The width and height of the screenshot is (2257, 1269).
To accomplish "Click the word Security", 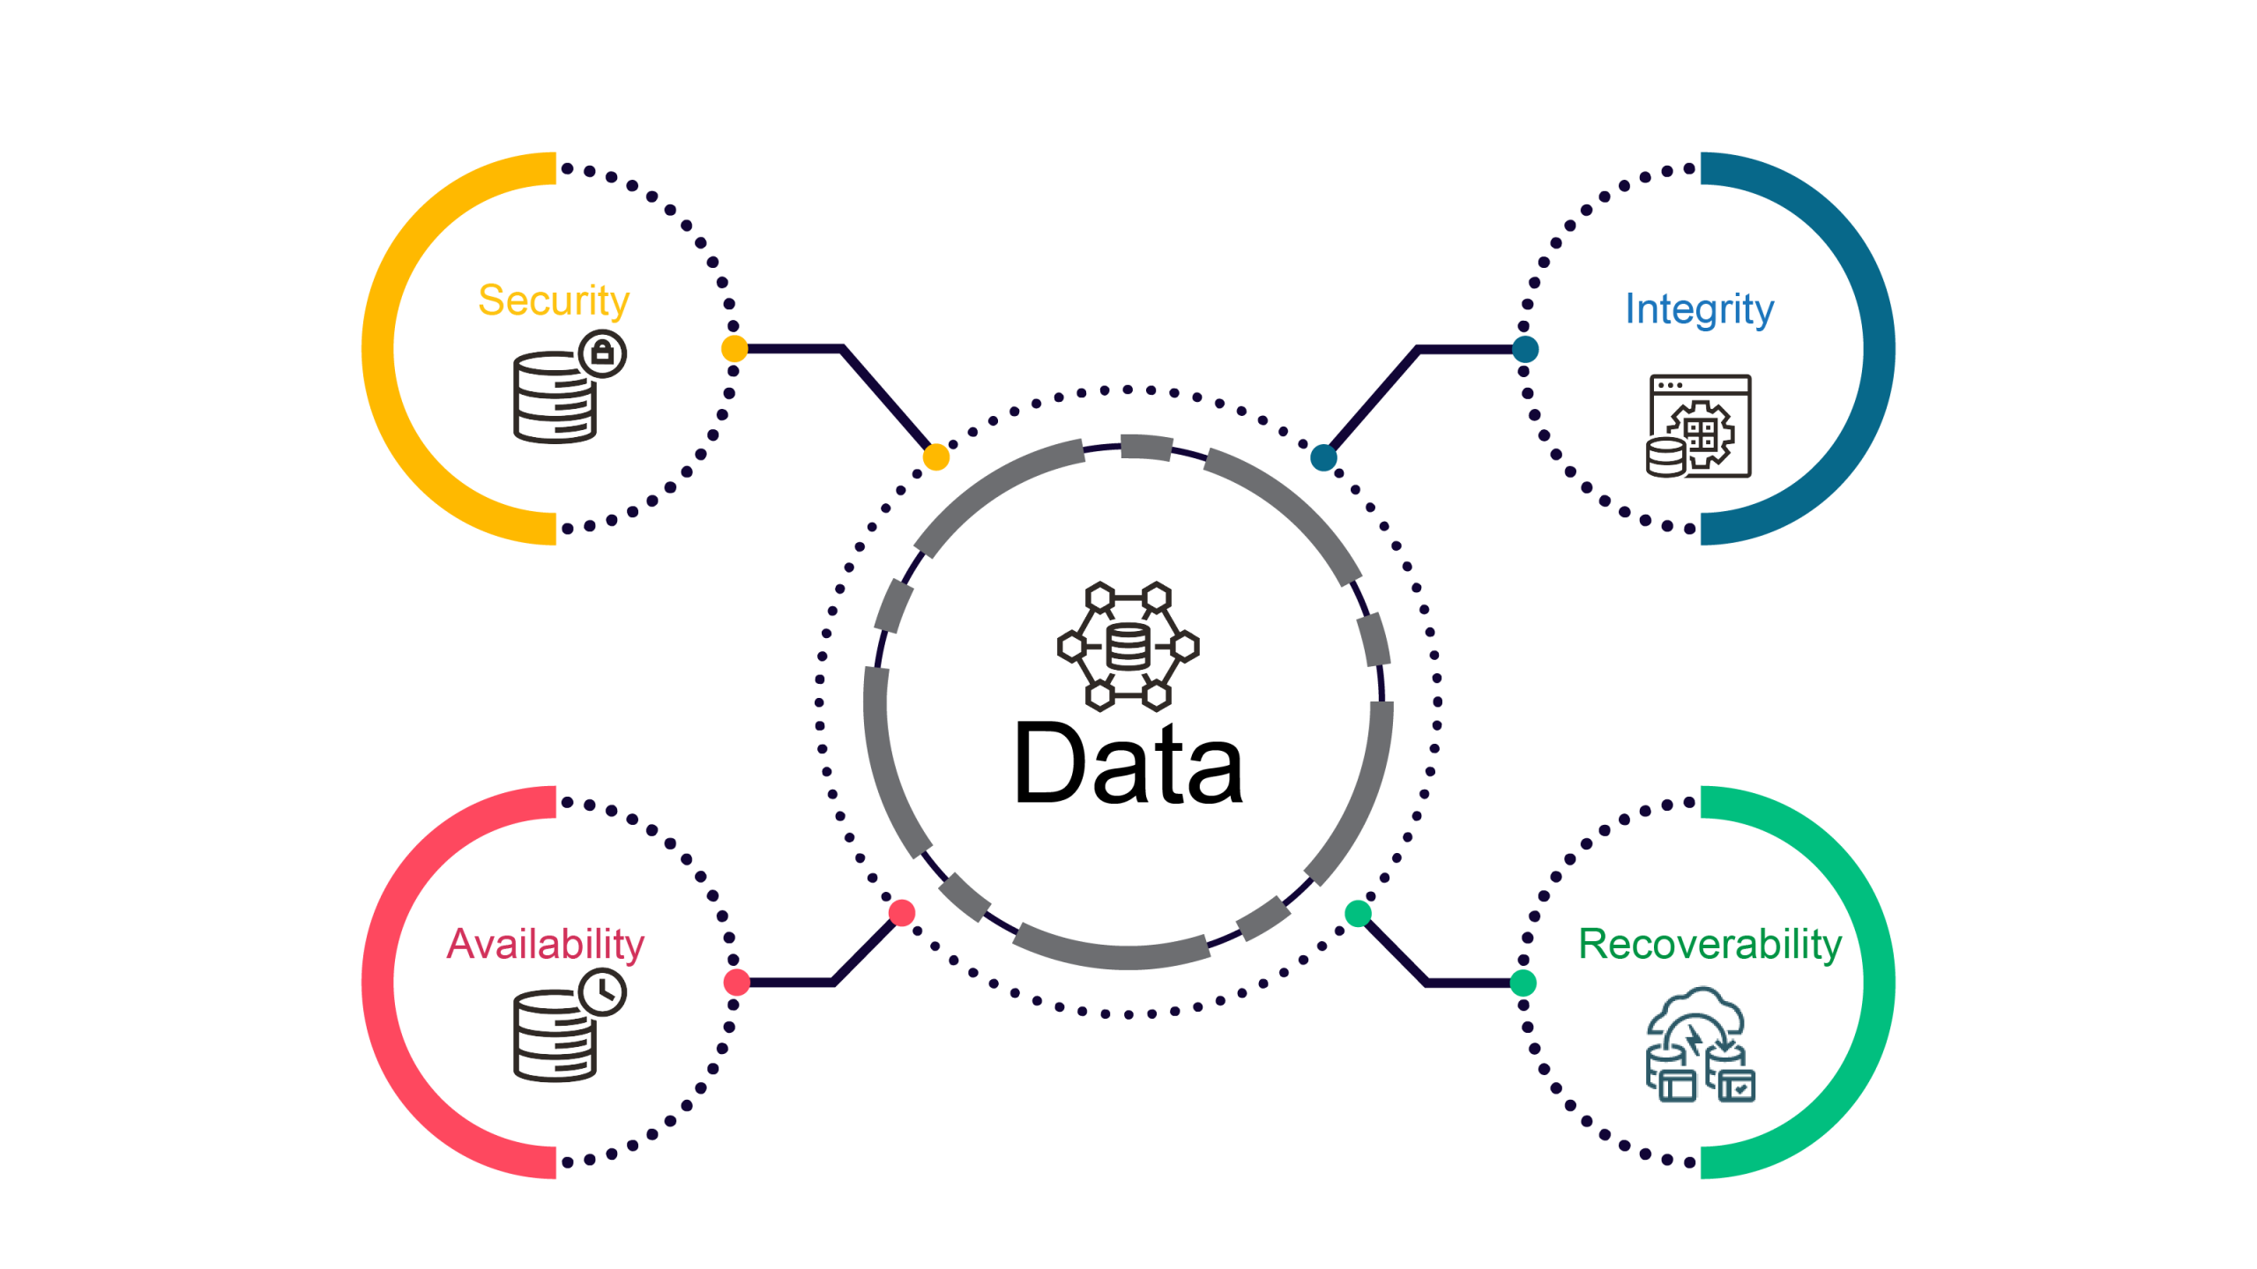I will [x=554, y=301].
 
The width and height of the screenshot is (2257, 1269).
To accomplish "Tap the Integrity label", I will [x=1699, y=309].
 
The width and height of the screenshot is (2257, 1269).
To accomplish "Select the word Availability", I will [x=545, y=944].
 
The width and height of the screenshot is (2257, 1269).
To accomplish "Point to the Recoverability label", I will [x=1710, y=944].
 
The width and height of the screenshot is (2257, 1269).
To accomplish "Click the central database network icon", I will [x=1128, y=646].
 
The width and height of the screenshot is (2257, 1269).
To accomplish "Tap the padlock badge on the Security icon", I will [x=602, y=353].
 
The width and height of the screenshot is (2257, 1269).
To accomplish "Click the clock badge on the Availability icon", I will [x=602, y=991].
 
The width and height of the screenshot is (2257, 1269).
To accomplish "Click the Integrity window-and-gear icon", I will [x=1700, y=427].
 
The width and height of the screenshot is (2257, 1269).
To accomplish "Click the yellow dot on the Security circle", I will [x=734, y=349].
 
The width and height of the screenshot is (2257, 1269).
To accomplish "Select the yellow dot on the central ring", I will [x=935, y=457].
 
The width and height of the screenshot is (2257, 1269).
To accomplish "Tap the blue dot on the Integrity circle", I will [x=1525, y=349].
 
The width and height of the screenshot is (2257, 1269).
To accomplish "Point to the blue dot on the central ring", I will [x=1323, y=457].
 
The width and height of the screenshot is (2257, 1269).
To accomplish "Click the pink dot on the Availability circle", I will [x=736, y=982].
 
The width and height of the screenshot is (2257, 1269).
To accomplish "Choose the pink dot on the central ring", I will [x=902, y=913].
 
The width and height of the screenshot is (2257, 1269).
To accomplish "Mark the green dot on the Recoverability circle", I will [x=1523, y=982].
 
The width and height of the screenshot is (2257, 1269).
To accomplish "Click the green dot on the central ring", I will [x=1358, y=914].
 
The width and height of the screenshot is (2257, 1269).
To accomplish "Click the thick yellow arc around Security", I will [x=379, y=349].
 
